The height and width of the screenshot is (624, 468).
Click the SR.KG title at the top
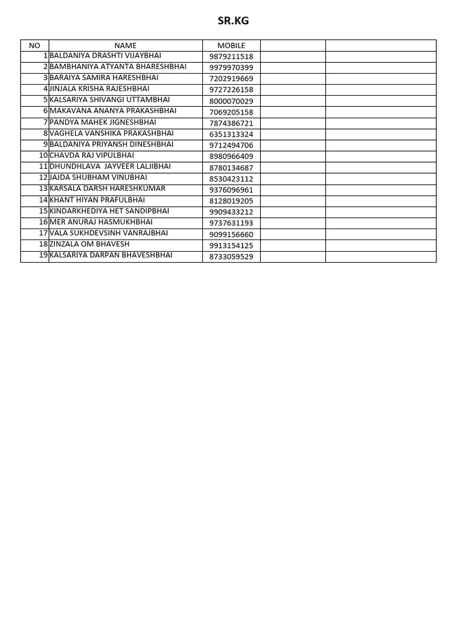233,21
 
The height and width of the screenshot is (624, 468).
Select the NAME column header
126,46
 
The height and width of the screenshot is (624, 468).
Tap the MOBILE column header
231,46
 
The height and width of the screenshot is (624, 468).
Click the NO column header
34,46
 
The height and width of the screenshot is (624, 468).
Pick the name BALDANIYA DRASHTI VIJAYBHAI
105,56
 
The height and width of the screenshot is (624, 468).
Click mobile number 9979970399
231,68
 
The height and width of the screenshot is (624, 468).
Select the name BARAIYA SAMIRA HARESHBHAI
104,78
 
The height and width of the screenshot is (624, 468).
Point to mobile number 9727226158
231,90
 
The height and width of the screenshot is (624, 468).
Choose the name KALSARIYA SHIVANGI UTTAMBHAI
110,100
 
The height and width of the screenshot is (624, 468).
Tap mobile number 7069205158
231,112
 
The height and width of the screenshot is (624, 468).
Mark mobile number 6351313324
231,134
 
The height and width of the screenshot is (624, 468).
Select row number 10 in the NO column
43,155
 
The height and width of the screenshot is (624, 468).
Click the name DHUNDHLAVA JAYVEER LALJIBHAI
110,166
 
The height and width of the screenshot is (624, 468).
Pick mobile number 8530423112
231,179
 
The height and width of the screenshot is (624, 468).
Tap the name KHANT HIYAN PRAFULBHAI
97,200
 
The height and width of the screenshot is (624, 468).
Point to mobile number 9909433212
231,212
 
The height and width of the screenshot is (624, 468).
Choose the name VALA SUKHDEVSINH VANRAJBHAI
108,233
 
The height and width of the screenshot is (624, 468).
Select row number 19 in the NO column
43,255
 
